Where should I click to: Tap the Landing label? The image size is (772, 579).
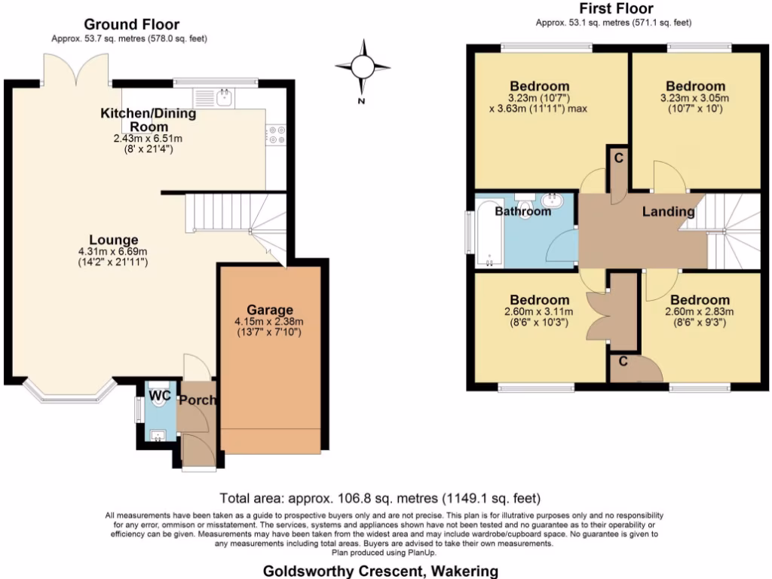click(x=668, y=212)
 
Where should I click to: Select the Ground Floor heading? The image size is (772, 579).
click(x=131, y=25)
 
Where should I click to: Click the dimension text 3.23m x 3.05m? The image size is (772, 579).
click(x=692, y=98)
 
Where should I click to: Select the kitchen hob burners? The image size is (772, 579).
click(x=275, y=134)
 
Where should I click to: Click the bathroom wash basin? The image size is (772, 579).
click(x=553, y=201)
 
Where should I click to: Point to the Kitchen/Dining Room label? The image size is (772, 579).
click(x=149, y=119)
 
